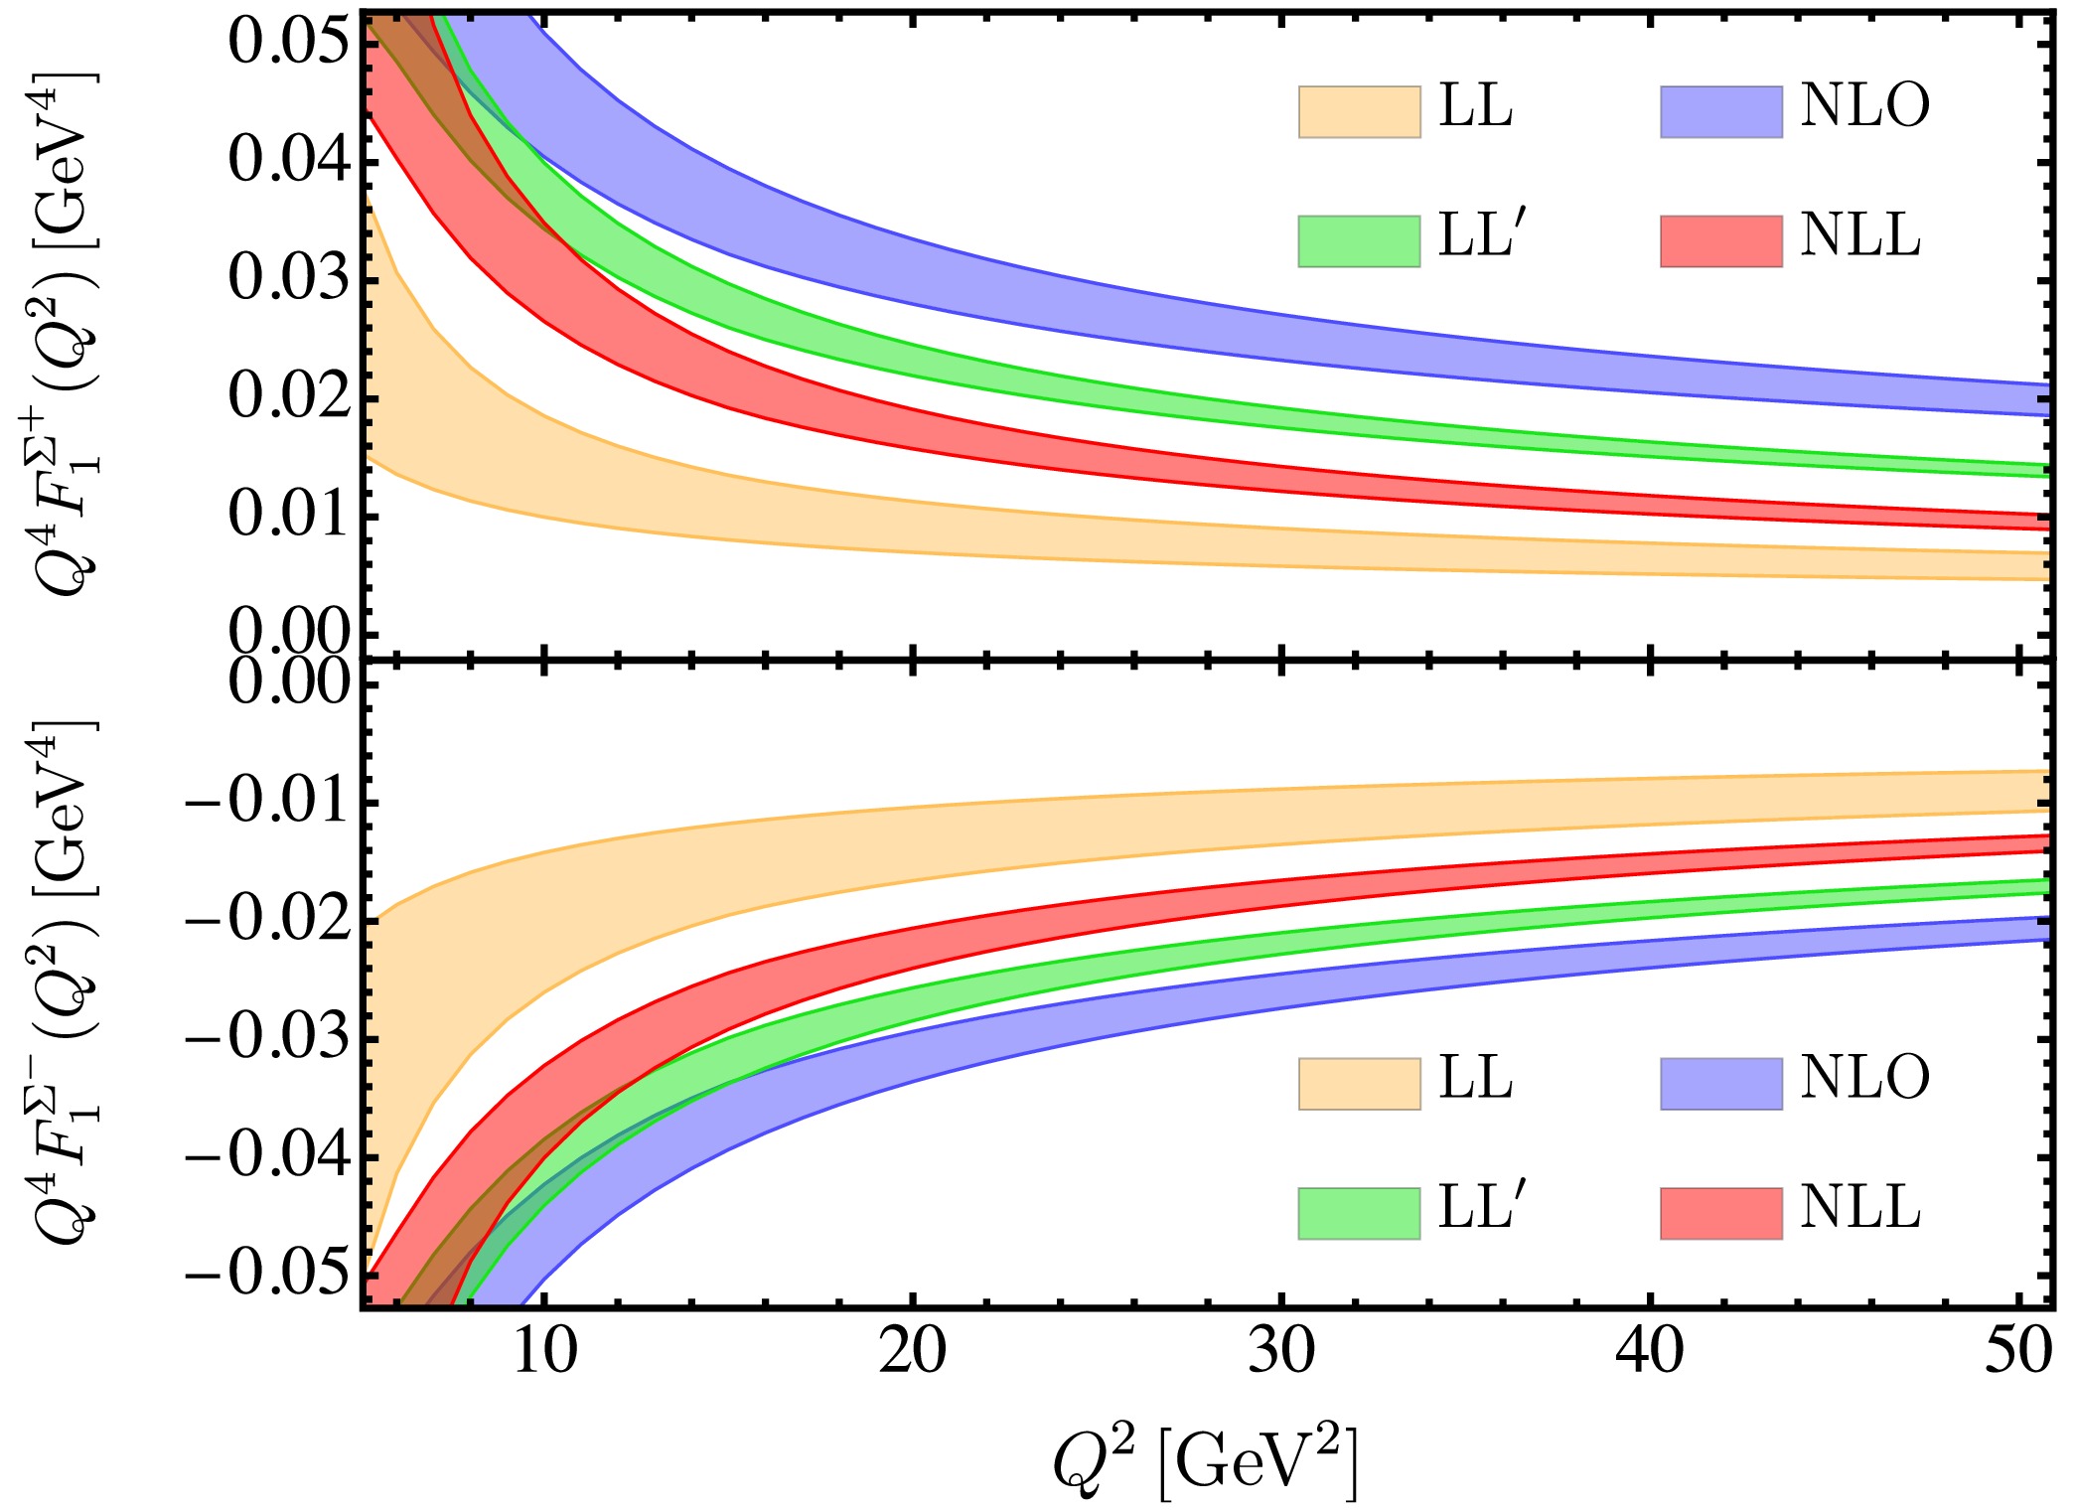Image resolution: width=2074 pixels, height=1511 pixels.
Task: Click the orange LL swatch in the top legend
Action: click(x=1359, y=111)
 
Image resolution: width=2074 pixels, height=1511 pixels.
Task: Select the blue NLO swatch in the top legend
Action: click(x=1720, y=111)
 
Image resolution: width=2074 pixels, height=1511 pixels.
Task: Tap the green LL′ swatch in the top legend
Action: click(x=1359, y=241)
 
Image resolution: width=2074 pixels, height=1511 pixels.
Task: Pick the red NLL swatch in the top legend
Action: click(x=1720, y=241)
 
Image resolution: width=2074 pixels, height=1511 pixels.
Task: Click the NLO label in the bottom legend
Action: click(x=1864, y=1077)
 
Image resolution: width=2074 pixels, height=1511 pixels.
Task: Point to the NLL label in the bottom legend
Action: click(x=1859, y=1208)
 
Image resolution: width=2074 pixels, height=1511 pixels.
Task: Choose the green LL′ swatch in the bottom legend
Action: click(x=1359, y=1213)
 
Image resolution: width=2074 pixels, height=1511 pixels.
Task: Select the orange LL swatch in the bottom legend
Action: click(x=1359, y=1083)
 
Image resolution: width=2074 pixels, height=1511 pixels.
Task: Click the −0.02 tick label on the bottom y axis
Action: click(x=268, y=920)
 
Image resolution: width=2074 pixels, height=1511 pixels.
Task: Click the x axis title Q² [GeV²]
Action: click(x=1205, y=1461)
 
